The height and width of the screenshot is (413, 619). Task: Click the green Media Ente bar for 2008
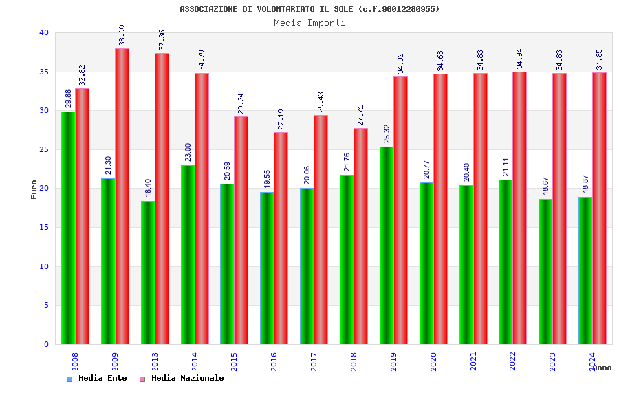(68, 228)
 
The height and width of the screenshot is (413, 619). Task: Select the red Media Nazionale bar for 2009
(122, 196)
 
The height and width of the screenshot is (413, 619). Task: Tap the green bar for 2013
(148, 273)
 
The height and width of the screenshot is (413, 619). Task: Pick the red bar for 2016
(281, 238)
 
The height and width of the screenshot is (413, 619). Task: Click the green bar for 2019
(387, 245)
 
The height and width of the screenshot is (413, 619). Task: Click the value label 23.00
(188, 152)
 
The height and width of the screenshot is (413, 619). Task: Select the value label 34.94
(519, 59)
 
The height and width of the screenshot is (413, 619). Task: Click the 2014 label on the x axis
(195, 361)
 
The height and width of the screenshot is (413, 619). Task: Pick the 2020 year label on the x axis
(433, 361)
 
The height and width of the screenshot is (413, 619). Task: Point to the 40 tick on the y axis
(44, 32)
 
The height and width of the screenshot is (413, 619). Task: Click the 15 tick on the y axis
(44, 227)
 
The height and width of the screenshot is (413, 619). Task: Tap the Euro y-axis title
(34, 189)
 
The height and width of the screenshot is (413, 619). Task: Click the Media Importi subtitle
(309, 23)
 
